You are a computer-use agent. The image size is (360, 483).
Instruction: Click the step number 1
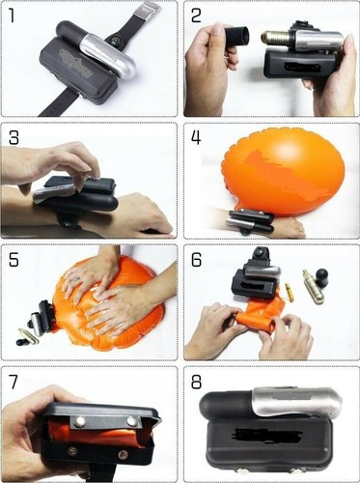(x=12, y=15)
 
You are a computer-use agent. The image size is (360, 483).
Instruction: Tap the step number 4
(x=196, y=137)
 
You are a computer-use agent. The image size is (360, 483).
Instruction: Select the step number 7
(x=13, y=382)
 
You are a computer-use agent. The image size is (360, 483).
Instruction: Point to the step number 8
(x=196, y=383)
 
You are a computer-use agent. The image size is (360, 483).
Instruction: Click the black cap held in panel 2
(x=236, y=38)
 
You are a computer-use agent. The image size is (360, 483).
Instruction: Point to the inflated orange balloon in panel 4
(x=283, y=171)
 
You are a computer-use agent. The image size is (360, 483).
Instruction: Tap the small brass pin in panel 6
(x=290, y=293)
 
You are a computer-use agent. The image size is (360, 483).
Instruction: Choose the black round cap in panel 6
(x=321, y=277)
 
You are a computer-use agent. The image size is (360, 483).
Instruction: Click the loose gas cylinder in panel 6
(x=313, y=287)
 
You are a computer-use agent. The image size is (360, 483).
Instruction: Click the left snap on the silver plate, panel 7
(x=78, y=422)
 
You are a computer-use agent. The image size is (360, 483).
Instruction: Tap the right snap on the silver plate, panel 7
(x=132, y=420)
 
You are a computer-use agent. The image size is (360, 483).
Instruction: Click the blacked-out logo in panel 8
(x=268, y=436)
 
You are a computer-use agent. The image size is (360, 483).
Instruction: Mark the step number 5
(x=14, y=260)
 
